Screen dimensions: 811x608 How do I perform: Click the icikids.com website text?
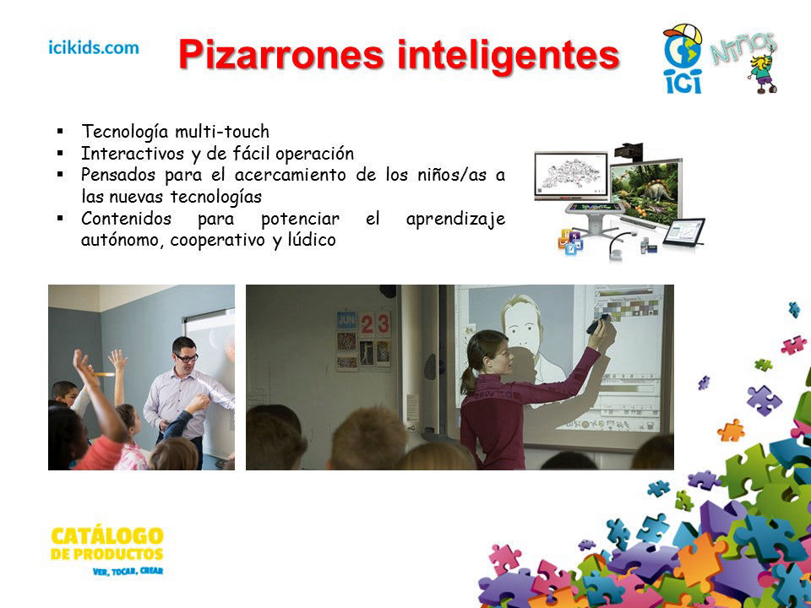pos(94,47)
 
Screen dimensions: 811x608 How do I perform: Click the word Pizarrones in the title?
pos(281,54)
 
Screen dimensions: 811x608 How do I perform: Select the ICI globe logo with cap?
pos(683,59)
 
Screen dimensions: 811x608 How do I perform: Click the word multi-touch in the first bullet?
pos(222,132)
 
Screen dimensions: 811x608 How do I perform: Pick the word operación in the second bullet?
pos(314,154)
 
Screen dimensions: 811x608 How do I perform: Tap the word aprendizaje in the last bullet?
pos(455,220)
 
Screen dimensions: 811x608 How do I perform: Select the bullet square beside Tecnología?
pos(61,132)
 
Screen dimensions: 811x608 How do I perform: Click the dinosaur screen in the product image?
pos(645,193)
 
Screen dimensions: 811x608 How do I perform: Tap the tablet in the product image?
pos(684,231)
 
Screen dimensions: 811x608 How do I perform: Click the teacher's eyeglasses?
pos(186,357)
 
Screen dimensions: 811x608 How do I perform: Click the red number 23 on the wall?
pos(375,324)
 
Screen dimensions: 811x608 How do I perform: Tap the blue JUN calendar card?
pos(346,321)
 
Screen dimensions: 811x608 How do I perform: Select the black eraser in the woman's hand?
pos(597,324)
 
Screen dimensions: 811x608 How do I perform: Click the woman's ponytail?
pos(469,380)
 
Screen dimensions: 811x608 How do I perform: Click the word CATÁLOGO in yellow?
pos(107,536)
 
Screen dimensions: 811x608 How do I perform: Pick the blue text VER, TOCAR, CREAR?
pos(128,572)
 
